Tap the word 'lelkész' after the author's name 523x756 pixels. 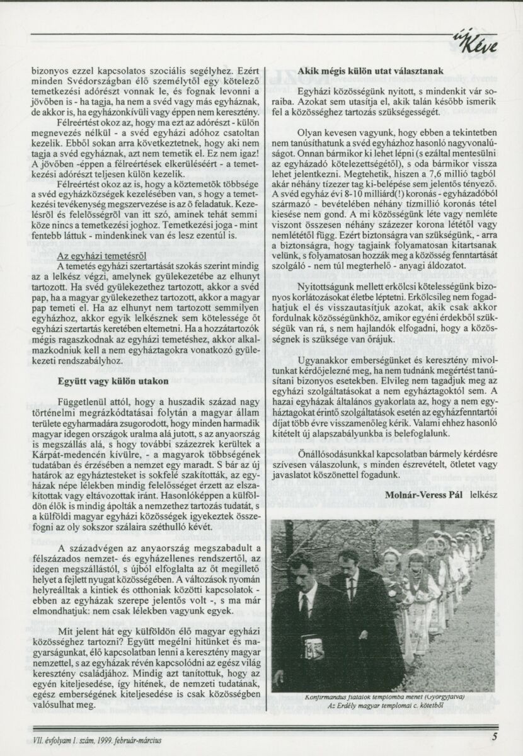482,494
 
